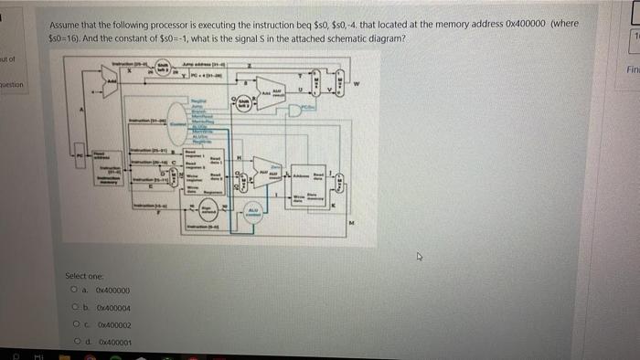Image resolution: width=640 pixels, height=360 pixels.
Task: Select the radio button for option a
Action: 71,290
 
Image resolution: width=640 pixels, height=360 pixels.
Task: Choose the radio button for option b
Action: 71,308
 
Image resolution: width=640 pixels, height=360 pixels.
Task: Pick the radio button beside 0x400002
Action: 71,324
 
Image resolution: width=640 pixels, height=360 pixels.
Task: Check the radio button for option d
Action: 71,341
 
